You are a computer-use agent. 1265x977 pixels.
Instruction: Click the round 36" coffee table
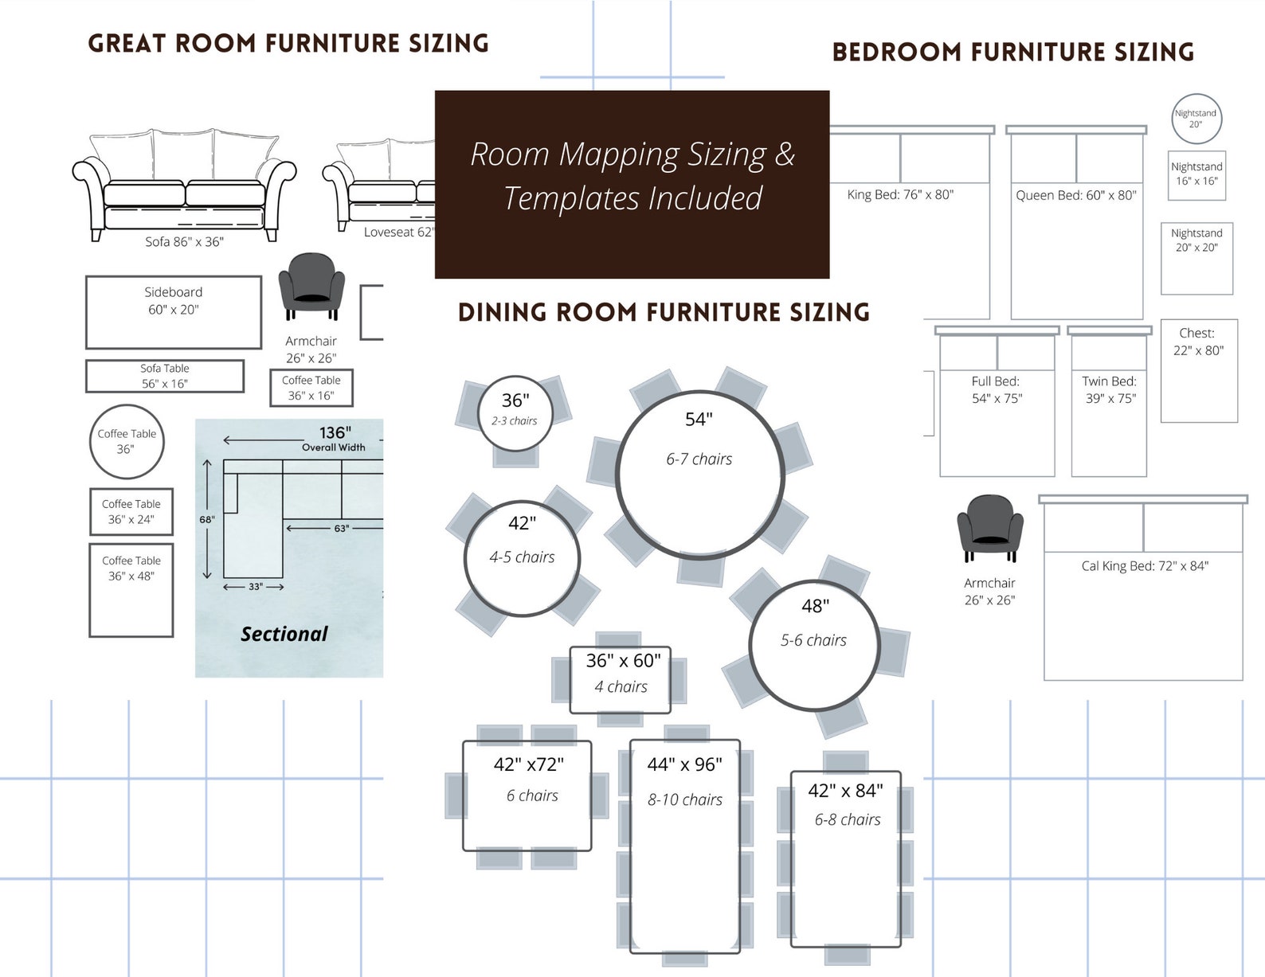pyautogui.click(x=126, y=442)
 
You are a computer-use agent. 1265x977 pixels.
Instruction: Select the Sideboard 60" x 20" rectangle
pyautogui.click(x=174, y=312)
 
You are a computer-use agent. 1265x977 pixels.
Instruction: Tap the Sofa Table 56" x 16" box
pyautogui.click(x=165, y=376)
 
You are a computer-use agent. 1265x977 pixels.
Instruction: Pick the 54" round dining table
pyautogui.click(x=699, y=475)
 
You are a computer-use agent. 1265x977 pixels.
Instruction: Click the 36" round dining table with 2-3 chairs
pyautogui.click(x=516, y=412)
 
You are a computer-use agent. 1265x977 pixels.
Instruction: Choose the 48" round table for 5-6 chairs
pyautogui.click(x=814, y=645)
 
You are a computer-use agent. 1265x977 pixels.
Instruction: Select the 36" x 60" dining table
pyautogui.click(x=621, y=679)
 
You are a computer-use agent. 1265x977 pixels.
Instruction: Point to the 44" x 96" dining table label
pyautogui.click(x=684, y=765)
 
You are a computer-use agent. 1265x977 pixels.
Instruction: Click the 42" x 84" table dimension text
pyautogui.click(x=845, y=791)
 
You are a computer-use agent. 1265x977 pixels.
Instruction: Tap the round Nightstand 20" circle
pyautogui.click(x=1196, y=119)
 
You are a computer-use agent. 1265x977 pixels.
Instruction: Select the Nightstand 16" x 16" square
pyautogui.click(x=1196, y=174)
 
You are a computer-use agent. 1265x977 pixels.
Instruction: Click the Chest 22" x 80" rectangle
pyautogui.click(x=1199, y=370)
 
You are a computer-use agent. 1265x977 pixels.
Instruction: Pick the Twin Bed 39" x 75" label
pyautogui.click(x=1110, y=390)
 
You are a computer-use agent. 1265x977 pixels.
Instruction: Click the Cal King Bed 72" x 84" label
pyautogui.click(x=1144, y=566)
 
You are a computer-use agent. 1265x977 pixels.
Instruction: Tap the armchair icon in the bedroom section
pyautogui.click(x=990, y=526)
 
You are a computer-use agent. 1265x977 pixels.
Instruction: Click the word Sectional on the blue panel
pyautogui.click(x=284, y=634)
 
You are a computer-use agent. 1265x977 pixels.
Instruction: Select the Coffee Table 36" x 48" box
pyautogui.click(x=131, y=589)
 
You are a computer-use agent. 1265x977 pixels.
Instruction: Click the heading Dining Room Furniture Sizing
pyautogui.click(x=664, y=312)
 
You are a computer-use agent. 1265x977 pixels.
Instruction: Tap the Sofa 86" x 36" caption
pyautogui.click(x=184, y=241)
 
